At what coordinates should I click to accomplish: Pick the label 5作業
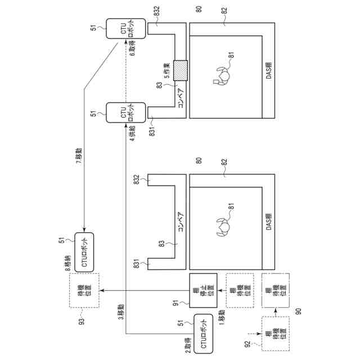click(167, 70)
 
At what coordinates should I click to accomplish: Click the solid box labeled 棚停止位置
click(202, 291)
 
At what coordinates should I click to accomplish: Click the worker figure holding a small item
click(221, 74)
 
